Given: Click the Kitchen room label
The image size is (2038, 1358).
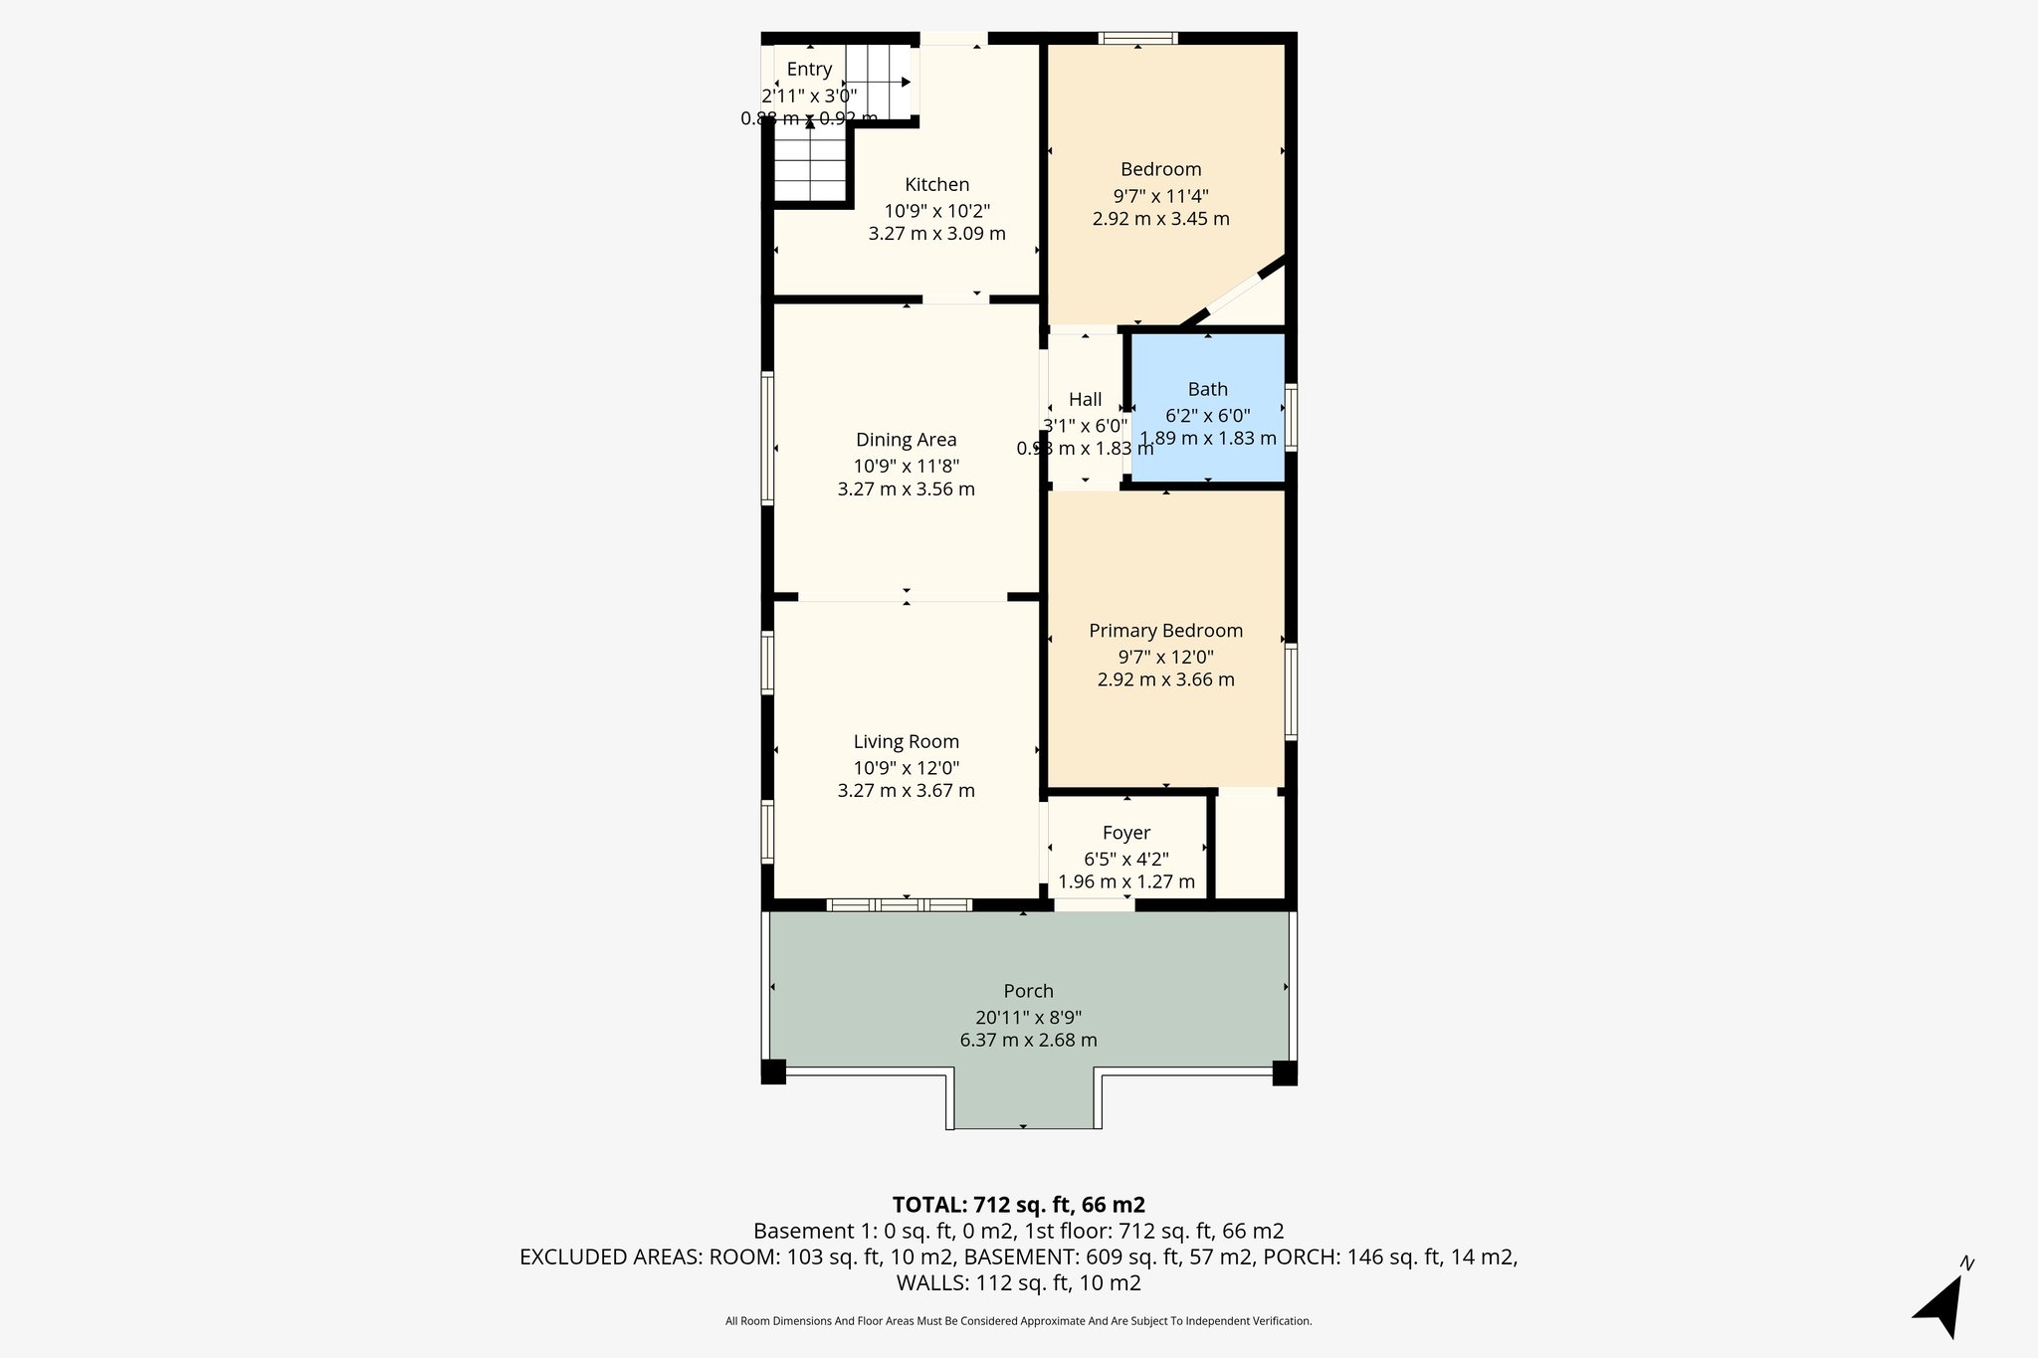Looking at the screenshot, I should pos(936,184).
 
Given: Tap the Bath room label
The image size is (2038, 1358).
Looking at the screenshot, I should pos(1207,389).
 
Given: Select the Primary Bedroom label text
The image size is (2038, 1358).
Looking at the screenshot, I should pos(1165,630).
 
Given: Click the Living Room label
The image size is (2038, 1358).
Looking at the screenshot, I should pos(906,741).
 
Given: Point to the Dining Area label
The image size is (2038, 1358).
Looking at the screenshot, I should pos(906,440).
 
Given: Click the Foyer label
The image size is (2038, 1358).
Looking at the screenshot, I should pos(1125,833).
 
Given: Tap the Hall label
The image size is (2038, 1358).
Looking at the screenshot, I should pos(1085,399).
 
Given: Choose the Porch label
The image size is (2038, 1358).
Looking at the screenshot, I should pos(1028,991).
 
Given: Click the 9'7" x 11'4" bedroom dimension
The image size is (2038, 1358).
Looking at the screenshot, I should pos(1160,196).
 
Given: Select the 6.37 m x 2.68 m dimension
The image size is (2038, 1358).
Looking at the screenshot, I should pos(1028,1041).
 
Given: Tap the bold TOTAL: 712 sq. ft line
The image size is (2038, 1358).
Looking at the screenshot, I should pos(1018,1205).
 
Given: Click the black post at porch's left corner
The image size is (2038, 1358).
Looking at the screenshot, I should pos(773,1072).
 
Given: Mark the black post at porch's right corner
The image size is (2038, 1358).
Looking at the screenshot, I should pos(1285,1072).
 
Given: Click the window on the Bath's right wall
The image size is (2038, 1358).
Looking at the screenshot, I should pos(1291,417).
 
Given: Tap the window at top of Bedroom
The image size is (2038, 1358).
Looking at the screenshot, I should pos(1138,39).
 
